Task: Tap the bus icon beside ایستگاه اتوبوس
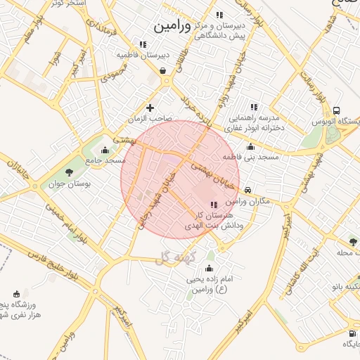(x=337, y=110)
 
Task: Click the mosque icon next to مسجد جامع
(x=105, y=149)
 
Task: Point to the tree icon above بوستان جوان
(x=68, y=173)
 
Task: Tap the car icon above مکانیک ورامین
(x=247, y=190)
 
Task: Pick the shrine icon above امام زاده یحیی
(x=208, y=268)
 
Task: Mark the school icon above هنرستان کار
(x=214, y=205)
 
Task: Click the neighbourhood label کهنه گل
(x=173, y=259)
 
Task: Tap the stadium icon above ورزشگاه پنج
(x=17, y=294)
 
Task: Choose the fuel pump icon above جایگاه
(x=351, y=333)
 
